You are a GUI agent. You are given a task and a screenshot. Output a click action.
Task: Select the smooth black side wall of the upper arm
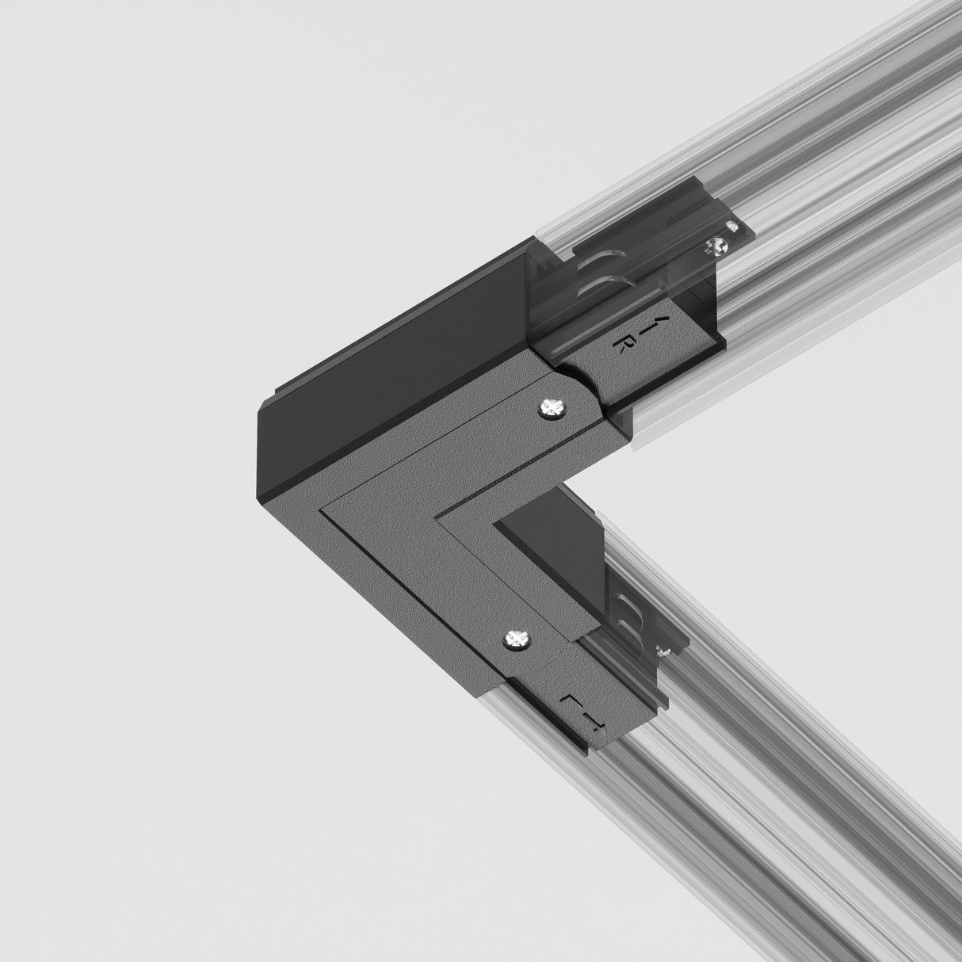click(396, 333)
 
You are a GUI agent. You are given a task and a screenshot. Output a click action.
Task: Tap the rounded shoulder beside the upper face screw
click(590, 396)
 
